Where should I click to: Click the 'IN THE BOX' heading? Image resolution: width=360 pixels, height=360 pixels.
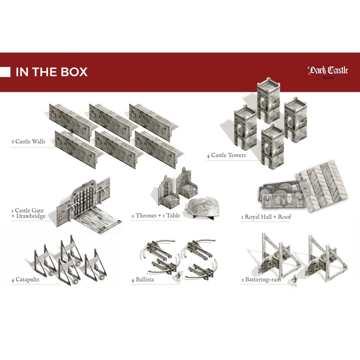pos(51,72)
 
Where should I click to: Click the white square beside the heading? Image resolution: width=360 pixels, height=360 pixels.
pos(5,72)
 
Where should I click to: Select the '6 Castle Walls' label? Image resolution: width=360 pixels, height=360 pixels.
pos(28,141)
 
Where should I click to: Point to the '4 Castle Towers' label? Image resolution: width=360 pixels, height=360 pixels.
pos(226,155)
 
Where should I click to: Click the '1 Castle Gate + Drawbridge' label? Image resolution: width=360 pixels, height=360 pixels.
pos(28,213)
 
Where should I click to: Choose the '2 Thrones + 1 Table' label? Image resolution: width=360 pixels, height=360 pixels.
pos(156,216)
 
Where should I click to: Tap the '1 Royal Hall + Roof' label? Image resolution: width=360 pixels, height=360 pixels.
pos(266,217)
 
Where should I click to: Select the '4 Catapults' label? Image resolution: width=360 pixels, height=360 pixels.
pos(25,280)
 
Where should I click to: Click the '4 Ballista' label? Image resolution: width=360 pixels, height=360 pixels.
pos(143,280)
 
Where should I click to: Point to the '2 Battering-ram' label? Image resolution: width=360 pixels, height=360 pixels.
pos(261,280)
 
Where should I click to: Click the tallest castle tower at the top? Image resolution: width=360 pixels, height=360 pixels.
pos(269,100)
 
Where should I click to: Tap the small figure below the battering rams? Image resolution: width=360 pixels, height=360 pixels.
pos(294,280)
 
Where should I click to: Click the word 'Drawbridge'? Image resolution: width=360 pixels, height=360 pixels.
pos(31,216)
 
